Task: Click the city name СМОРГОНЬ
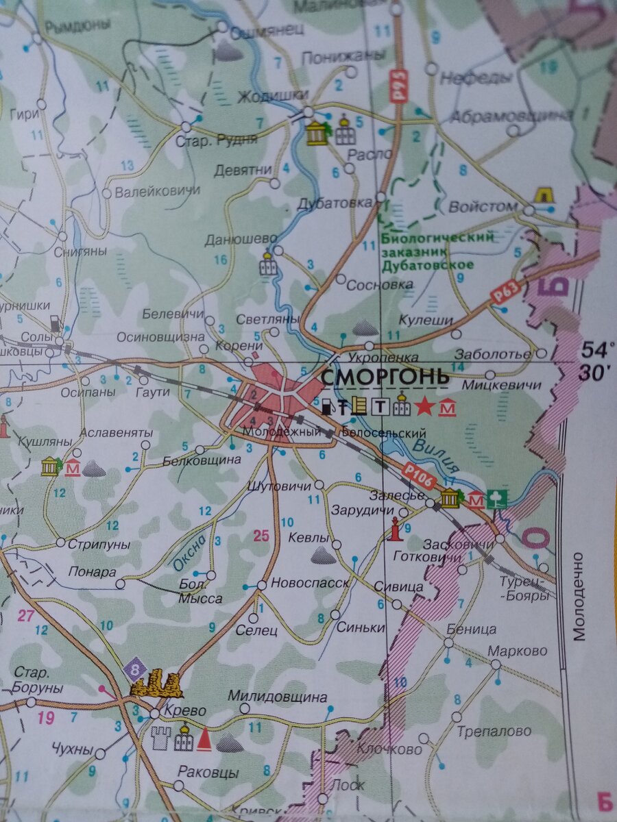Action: [385, 377]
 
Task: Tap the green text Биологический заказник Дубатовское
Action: [437, 251]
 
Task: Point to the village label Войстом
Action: [483, 206]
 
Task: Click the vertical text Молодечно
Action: [580, 596]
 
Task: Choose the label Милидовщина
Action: [278, 697]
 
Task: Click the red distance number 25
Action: [261, 536]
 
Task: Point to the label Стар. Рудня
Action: [217, 140]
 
